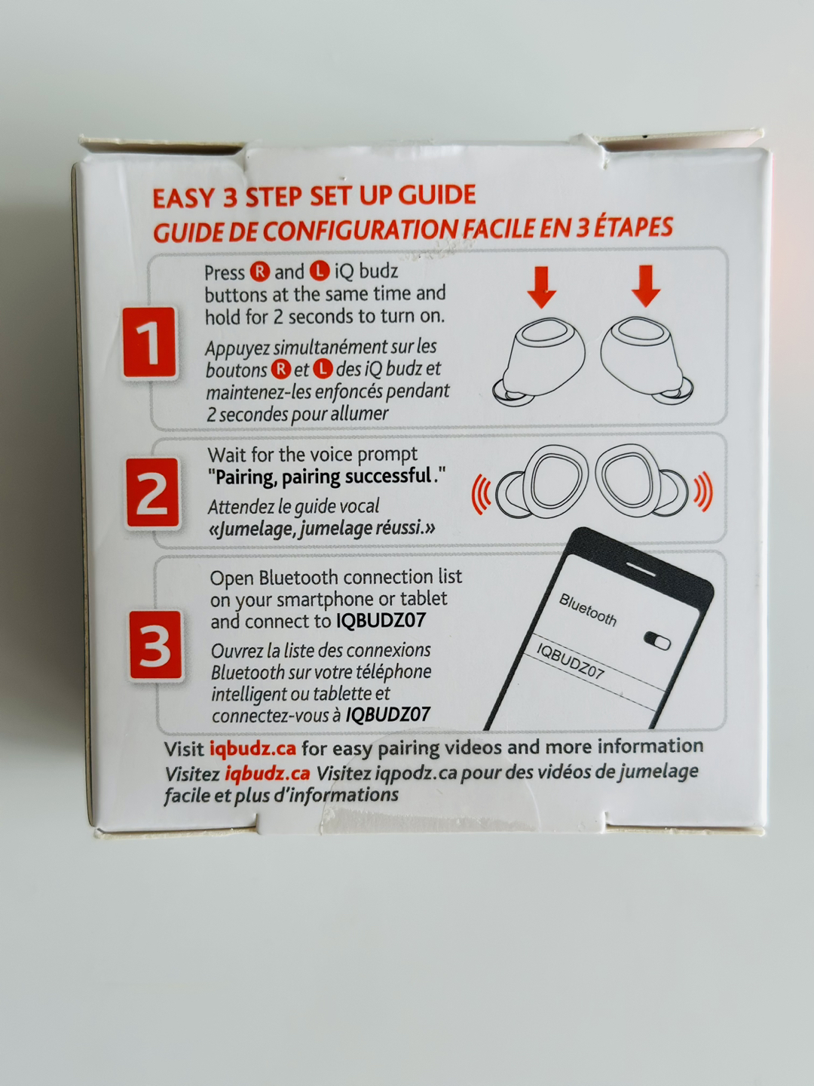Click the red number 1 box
pos(151,343)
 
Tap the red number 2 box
pos(153,493)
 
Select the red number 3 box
pos(155,646)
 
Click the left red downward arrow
pos(541,286)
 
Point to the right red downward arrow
pos(645,286)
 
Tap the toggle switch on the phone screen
pos(657,640)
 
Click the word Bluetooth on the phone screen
pos(588,609)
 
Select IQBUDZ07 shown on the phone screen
pos(570,661)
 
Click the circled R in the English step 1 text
pos(259,271)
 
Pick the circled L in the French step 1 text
pos(323,369)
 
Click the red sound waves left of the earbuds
pos(482,495)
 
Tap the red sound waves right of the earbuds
pos(702,491)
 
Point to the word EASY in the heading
pos(183,198)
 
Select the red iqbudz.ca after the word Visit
pos(252,749)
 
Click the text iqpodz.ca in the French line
pos(415,773)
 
